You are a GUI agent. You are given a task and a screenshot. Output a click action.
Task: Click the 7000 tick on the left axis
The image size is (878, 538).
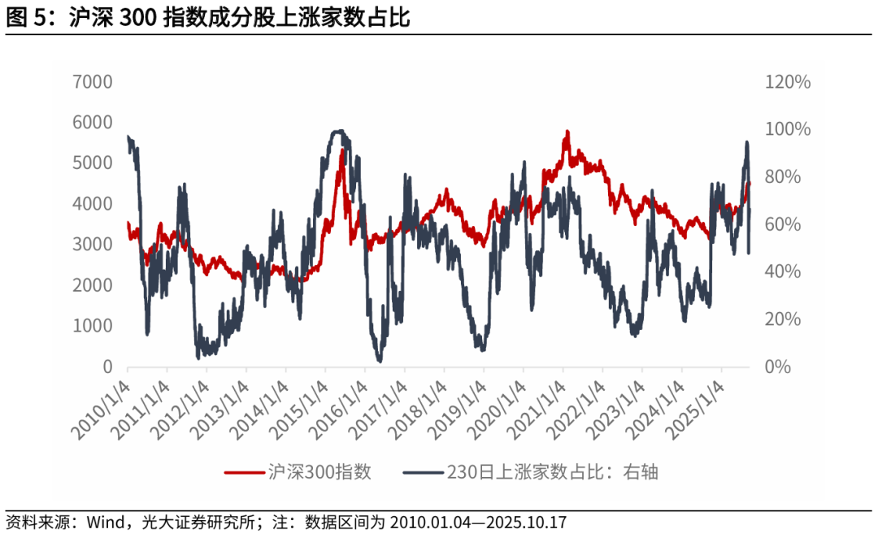[x=94, y=82]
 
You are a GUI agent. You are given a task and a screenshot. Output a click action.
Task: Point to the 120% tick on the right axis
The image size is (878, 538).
[x=787, y=82]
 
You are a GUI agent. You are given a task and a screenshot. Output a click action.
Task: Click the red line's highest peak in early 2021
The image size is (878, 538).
[x=567, y=132]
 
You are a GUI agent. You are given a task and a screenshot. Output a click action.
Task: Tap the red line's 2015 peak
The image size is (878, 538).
[x=342, y=150]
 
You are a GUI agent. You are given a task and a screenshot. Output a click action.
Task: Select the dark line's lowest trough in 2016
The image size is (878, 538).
[x=379, y=360]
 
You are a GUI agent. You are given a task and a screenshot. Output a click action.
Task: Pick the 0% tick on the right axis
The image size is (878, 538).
[x=777, y=367]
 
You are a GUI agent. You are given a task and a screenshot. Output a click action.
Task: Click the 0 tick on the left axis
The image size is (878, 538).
[x=108, y=367]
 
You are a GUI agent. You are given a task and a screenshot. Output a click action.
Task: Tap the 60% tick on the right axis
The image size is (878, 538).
[x=782, y=224]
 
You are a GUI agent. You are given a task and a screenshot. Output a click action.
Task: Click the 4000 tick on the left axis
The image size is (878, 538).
[x=94, y=204]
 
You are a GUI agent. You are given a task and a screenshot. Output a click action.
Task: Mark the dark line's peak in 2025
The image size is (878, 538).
[x=746, y=142]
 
